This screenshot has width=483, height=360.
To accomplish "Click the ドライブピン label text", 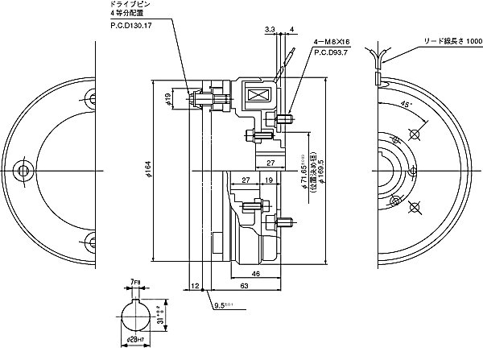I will (129, 5).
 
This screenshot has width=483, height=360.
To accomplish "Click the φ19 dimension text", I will (167, 101).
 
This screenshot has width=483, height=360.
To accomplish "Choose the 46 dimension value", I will (255, 275).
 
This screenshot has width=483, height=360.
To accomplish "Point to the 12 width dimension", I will (195, 285).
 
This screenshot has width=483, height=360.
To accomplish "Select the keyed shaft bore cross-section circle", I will (131, 315).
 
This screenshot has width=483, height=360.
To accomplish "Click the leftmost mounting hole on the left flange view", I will (24, 171).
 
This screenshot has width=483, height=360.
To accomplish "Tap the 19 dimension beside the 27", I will (266, 181).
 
